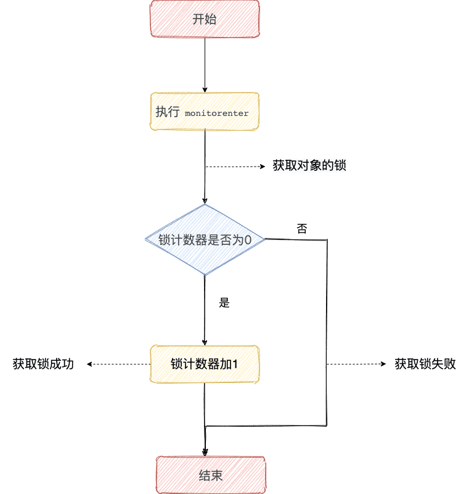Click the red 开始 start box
(x=204, y=19)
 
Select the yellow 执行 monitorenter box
(x=204, y=112)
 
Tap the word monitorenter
(x=217, y=113)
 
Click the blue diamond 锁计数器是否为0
(x=204, y=240)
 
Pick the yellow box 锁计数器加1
(x=205, y=364)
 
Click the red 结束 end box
(x=210, y=475)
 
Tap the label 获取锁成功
(x=43, y=364)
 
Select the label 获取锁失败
(x=425, y=364)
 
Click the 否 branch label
(x=302, y=229)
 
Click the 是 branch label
(x=224, y=303)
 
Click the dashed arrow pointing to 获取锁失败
(x=357, y=364)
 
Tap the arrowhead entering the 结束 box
(x=205, y=452)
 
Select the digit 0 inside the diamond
(x=248, y=240)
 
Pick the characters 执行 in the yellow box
(x=167, y=112)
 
